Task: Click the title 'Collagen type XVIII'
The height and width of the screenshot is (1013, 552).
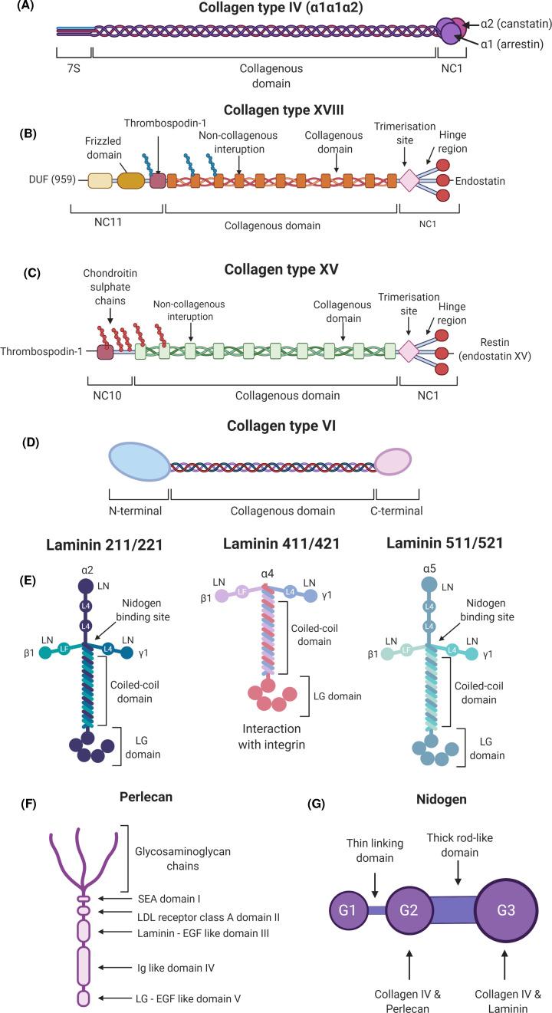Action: click(274, 110)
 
